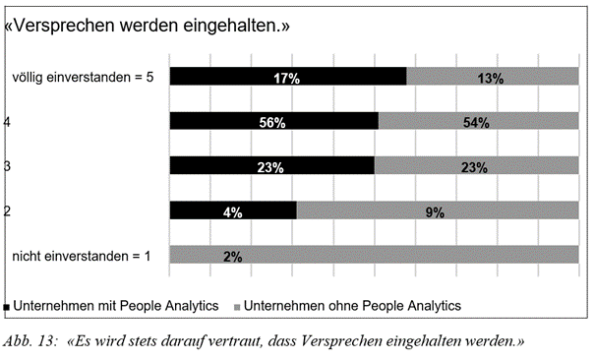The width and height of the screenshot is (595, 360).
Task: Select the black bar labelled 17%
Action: click(287, 77)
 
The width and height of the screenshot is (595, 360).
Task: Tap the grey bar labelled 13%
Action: click(492, 77)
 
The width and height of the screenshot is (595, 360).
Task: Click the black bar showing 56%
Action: click(273, 122)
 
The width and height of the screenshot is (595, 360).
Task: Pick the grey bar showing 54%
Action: click(478, 122)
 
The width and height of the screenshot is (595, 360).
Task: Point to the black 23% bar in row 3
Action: click(271, 166)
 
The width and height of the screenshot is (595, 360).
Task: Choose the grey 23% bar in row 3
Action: click(476, 166)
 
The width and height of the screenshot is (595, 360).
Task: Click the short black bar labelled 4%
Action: click(232, 210)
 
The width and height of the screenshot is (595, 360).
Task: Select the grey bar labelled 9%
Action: click(437, 210)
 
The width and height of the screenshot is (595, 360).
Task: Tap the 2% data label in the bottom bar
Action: click(233, 256)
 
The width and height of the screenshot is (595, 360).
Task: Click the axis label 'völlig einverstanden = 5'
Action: click(82, 77)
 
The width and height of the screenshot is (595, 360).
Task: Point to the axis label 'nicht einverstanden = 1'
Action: click(81, 256)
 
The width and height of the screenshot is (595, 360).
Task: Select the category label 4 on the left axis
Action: click(7, 122)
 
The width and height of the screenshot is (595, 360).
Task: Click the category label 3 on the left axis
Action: click(7, 166)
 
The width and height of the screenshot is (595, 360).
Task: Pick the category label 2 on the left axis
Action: click(7, 210)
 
